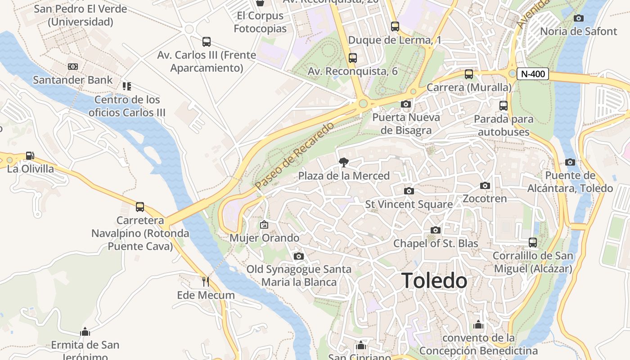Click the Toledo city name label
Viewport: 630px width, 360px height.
pos(434,281)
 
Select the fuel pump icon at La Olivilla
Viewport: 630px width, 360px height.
pos(30,156)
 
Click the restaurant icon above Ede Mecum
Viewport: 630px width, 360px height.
pos(206,282)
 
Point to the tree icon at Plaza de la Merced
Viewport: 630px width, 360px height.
pos(344,162)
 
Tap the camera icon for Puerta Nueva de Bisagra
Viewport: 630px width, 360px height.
pos(405,104)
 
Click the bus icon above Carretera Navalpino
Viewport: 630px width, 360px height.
pos(140,207)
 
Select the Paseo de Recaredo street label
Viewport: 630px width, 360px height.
pos(294,155)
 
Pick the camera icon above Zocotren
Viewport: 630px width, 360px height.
pos(485,185)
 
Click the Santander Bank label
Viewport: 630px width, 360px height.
pos(73,80)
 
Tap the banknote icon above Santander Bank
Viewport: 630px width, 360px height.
pos(73,67)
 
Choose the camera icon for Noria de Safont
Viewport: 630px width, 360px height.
pos(579,18)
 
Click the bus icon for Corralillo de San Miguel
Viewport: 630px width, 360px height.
pos(533,243)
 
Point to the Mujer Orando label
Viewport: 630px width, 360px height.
pos(264,238)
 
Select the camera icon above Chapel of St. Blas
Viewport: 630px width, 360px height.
pos(435,230)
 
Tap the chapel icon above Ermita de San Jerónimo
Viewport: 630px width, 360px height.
pos(85,332)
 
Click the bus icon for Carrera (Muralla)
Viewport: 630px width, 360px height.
pos(469,74)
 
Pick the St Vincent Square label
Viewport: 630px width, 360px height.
pos(409,204)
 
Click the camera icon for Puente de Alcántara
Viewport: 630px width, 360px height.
pos(570,162)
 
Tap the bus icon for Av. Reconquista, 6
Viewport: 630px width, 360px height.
pos(353,58)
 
